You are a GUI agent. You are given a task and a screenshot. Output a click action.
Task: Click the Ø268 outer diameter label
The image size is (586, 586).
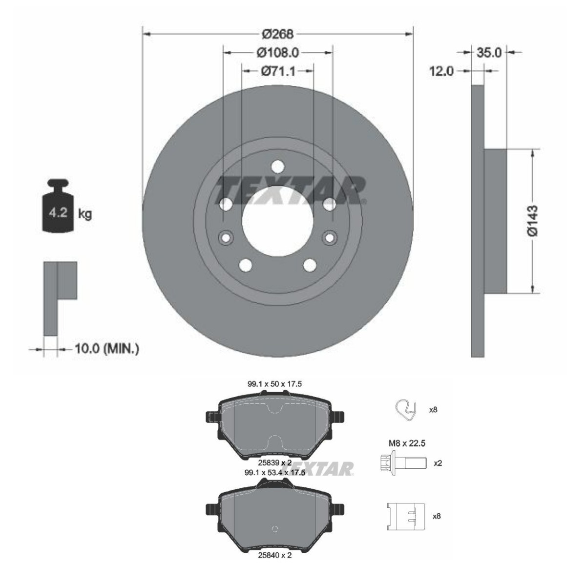coord(278,34)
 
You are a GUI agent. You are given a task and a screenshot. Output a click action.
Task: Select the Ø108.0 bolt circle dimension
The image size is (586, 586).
coord(278,53)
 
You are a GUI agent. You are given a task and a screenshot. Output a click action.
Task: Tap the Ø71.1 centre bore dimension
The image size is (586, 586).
coord(278,71)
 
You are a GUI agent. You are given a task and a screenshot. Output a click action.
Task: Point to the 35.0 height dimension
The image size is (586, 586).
coord(489,53)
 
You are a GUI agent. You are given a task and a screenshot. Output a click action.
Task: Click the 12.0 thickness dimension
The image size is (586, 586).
coord(441,71)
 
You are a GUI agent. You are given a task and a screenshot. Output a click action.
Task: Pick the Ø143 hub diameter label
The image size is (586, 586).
coord(533,221)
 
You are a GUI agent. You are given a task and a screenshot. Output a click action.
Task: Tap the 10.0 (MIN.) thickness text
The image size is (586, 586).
coord(107,349)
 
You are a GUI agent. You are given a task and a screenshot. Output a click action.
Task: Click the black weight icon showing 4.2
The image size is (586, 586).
coord(58,206)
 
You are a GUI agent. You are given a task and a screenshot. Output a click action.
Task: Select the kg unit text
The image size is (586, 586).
coord(85,214)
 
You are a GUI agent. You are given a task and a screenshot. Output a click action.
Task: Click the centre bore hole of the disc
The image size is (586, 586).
coord(278,221)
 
